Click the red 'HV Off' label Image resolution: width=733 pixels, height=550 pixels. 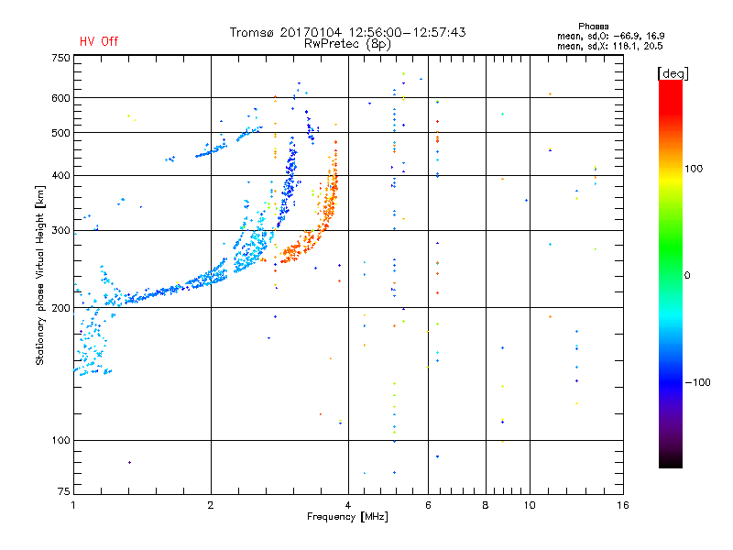pos(99,41)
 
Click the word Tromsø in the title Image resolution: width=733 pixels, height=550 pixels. pos(253,32)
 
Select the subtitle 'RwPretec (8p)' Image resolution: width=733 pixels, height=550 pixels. pos(347,44)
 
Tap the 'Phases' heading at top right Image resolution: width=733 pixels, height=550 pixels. pos(593,27)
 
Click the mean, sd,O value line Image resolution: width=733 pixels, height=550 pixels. pos(610,36)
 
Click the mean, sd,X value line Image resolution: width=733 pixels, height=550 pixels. pos(609,47)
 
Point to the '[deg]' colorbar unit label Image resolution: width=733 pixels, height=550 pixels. pos(673,73)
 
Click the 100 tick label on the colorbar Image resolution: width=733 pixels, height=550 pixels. pos(694,169)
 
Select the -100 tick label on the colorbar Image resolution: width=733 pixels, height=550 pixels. pos(697,382)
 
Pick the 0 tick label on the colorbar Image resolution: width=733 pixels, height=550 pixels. pos(687,276)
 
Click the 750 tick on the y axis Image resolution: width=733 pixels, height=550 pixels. pos(60,58)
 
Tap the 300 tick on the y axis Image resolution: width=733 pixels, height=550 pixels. pos(60,231)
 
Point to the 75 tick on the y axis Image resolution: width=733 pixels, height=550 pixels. pos(64,491)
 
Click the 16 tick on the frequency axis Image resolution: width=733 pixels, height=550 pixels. pos(623,505)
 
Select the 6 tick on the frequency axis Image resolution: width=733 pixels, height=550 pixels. pos(428,505)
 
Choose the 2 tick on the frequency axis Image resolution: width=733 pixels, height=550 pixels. pos(211,505)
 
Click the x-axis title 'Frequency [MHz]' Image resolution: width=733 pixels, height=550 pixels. pos(347,517)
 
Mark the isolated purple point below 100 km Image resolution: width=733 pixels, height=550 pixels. pos(129,463)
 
